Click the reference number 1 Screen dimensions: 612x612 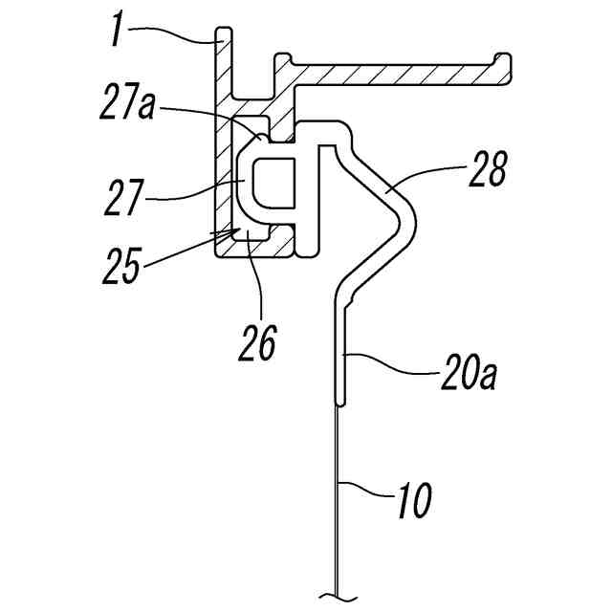(117, 29)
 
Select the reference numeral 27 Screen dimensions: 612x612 (121, 197)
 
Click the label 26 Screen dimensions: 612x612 (258, 342)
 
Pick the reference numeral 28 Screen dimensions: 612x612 (489, 168)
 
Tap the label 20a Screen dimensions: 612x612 (469, 372)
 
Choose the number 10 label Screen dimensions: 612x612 (415, 500)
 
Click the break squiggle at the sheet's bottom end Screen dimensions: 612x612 (338, 597)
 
